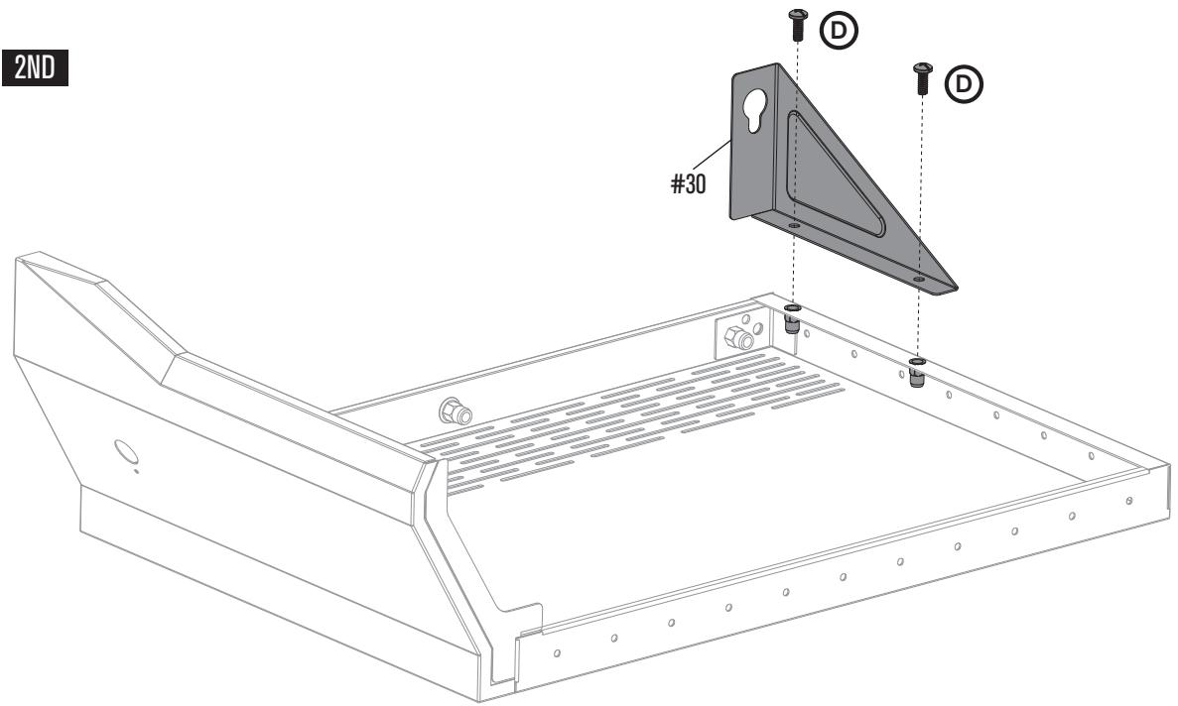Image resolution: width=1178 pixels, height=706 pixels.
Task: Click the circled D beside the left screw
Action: pyautogui.click(x=841, y=30)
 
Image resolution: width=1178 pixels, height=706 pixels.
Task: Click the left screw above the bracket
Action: pyautogui.click(x=796, y=24)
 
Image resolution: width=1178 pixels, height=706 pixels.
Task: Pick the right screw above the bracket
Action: pyautogui.click(x=921, y=76)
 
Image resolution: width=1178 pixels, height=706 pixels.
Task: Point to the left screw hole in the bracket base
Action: pyautogui.click(x=794, y=226)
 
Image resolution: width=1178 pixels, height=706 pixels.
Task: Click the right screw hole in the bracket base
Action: pyautogui.click(x=919, y=281)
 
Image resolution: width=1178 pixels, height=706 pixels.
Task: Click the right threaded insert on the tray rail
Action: pyautogui.click(x=917, y=371)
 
